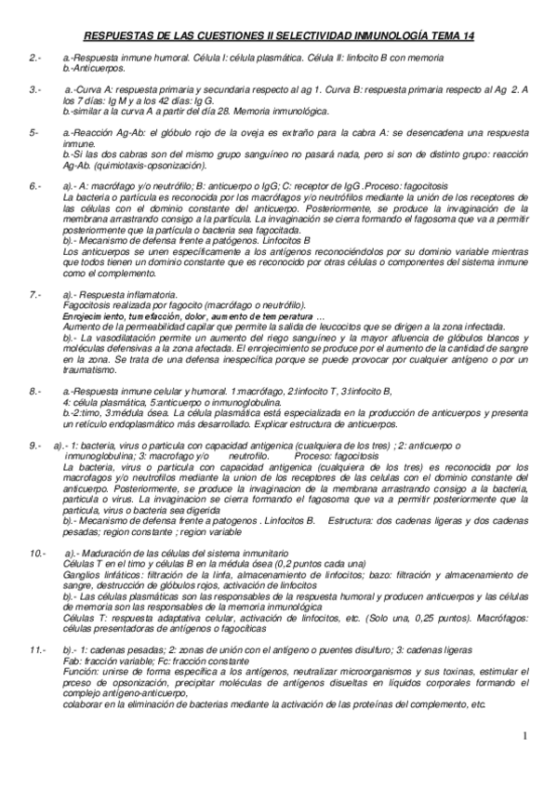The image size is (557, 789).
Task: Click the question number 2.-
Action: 34,58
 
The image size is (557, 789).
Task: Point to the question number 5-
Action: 33,132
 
